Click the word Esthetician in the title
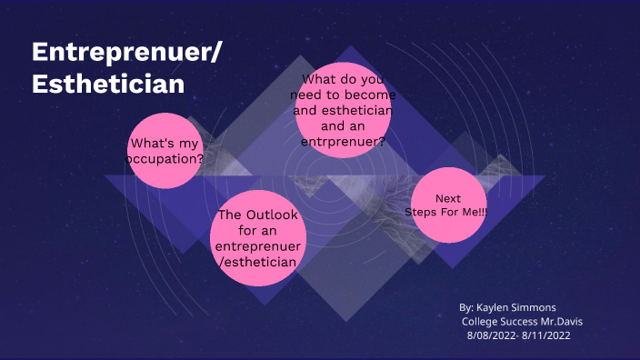(108, 83)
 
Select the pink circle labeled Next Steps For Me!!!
(448, 205)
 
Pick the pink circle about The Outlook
(257, 238)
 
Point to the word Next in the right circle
(448, 198)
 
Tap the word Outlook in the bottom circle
(269, 215)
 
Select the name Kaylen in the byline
(495, 307)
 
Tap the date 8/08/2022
(491, 336)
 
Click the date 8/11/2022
(550, 336)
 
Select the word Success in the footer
(525, 322)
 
